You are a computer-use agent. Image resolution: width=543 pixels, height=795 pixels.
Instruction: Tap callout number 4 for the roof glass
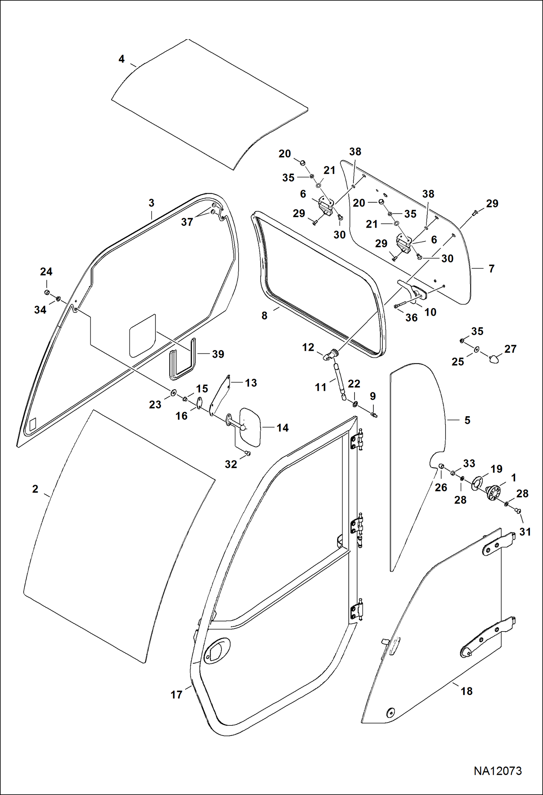pos(121,59)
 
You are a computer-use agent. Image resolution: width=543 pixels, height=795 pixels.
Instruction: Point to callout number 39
pos(218,354)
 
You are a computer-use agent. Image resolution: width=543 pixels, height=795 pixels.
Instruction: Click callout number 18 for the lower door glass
pos(467,691)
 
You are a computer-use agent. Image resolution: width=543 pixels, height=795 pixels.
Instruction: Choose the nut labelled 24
pos(47,293)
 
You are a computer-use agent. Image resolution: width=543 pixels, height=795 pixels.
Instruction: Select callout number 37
pos(187,222)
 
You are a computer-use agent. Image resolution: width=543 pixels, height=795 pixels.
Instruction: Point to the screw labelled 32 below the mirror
pos(247,453)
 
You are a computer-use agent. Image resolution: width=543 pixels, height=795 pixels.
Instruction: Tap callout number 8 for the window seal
pos(264,316)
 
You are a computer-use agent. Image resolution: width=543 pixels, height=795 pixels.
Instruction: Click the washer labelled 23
pos(173,393)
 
